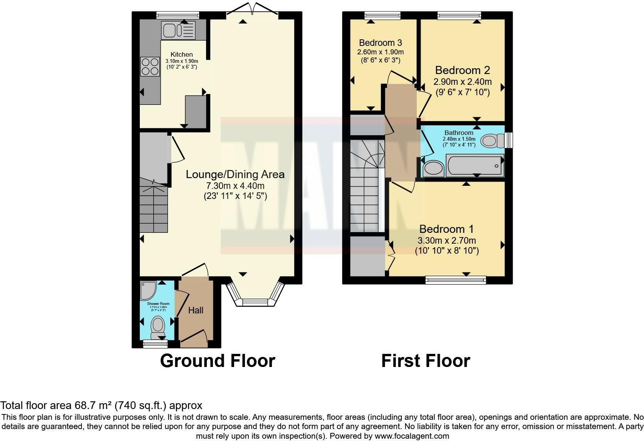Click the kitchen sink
point(179,30)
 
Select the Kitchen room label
point(181,54)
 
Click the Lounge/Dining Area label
point(235,174)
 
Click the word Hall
point(196,310)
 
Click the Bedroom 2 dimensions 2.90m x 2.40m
point(462,82)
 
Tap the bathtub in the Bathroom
point(475,166)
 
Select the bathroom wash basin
point(434,168)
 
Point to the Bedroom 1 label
point(446,229)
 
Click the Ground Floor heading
point(217,361)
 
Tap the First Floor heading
point(425,361)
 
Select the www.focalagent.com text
point(412,436)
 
